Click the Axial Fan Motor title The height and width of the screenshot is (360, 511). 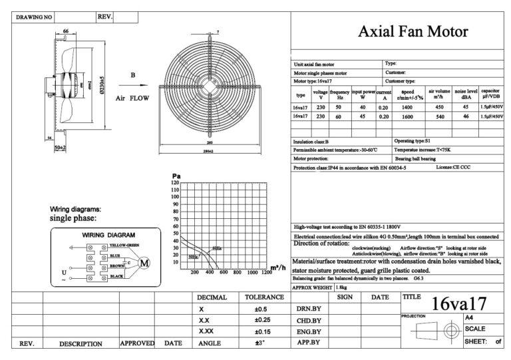coord(413,31)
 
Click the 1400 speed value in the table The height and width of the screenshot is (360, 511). coord(408,106)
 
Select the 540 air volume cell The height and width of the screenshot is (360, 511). coord(439,116)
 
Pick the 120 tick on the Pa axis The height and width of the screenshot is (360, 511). coord(176,182)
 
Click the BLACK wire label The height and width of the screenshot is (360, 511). coord(116,275)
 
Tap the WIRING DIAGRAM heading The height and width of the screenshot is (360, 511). coord(108,235)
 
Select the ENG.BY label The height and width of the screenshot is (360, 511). coord(307,331)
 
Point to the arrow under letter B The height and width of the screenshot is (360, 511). coord(134,85)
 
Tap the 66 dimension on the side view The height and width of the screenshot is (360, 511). coord(66,31)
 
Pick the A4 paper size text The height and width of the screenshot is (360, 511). coord(470,318)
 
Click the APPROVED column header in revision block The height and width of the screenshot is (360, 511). coord(137,343)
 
